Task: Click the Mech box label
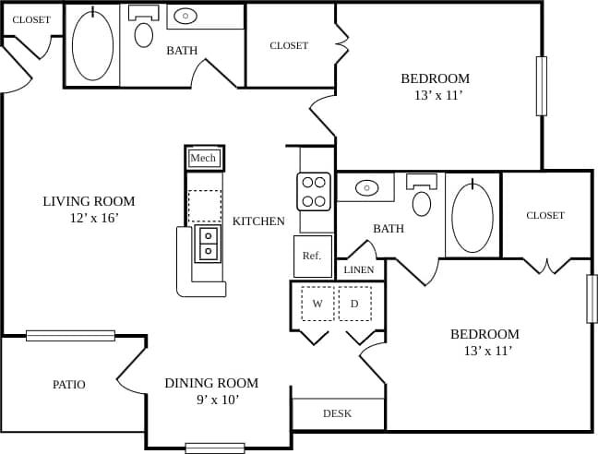(203, 159)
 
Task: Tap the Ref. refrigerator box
(312, 256)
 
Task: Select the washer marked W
(317, 304)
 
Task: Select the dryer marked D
(354, 304)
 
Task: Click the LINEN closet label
(359, 270)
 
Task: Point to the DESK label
(337, 413)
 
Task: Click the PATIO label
(69, 385)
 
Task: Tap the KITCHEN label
(258, 221)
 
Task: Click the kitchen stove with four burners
(314, 191)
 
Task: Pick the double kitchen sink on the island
(208, 243)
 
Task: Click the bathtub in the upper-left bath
(92, 46)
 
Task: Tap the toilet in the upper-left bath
(144, 33)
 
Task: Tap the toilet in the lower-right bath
(422, 202)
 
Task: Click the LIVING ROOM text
(89, 201)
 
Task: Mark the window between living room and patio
(70, 336)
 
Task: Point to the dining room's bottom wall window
(214, 448)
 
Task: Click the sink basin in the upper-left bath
(185, 16)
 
